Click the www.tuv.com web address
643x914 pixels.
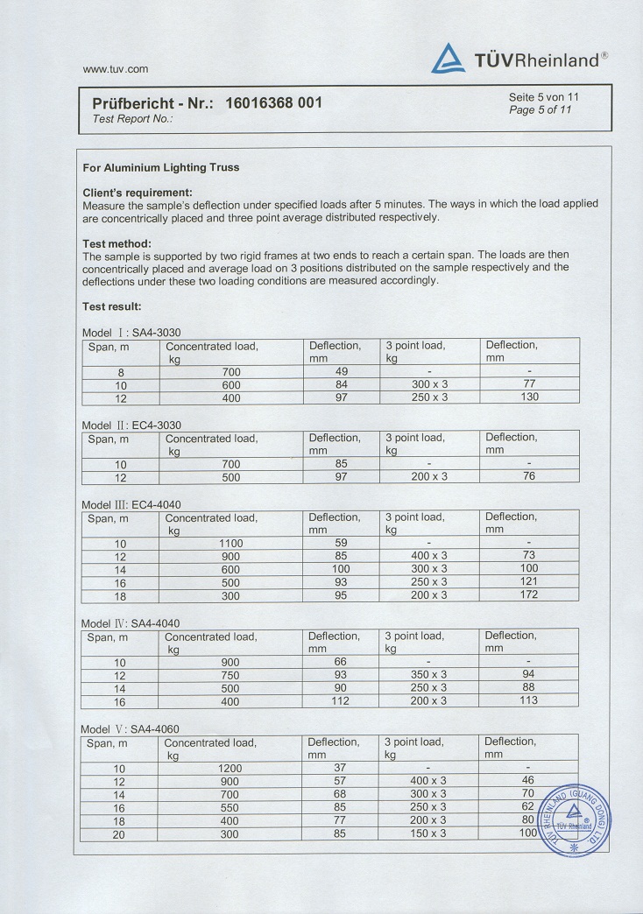(115, 69)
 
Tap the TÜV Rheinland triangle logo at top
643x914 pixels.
(448, 59)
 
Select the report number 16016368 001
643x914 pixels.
(274, 102)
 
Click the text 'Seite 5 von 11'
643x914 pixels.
(543, 97)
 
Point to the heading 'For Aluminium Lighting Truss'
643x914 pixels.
(160, 167)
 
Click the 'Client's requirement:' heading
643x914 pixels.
(138, 193)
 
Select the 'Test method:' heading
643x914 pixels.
(117, 243)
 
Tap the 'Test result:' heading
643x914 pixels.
(111, 306)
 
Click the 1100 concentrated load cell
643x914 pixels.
(230, 544)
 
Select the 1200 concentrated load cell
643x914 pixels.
(230, 769)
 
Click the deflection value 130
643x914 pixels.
(529, 397)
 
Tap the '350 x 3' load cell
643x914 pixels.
(428, 675)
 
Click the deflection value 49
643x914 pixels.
(341, 371)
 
